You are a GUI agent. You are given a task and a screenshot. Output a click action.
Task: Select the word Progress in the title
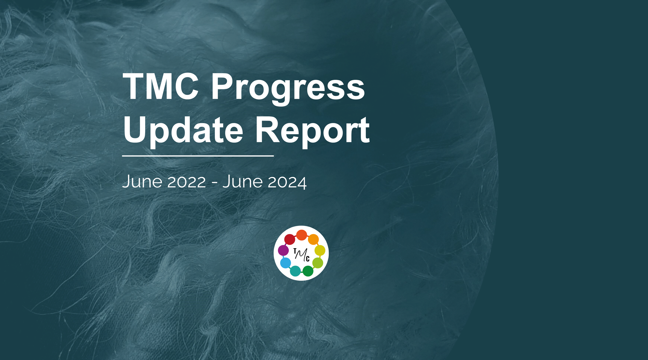click(x=288, y=88)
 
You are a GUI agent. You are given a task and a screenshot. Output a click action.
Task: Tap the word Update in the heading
click(x=183, y=130)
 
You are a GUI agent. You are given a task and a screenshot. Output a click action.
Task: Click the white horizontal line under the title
click(x=198, y=156)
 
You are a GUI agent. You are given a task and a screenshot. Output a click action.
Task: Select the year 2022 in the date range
click(x=187, y=182)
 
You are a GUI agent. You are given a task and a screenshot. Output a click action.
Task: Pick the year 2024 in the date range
click(x=287, y=182)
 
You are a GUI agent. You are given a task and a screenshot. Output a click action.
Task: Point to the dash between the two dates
click(x=214, y=183)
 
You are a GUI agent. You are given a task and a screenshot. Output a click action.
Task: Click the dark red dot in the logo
click(x=290, y=239)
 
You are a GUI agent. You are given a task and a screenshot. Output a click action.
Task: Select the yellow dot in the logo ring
click(x=320, y=250)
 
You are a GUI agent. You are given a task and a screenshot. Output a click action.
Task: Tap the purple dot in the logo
click(x=283, y=250)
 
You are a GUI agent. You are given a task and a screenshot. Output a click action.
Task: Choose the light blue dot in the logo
click(x=285, y=263)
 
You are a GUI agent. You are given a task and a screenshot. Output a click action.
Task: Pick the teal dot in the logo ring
click(x=295, y=271)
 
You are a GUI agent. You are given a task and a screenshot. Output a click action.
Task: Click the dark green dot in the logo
click(x=308, y=271)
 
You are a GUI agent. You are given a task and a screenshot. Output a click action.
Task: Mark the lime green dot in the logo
click(x=318, y=263)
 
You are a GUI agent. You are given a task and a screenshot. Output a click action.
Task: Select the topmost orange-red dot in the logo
click(x=301, y=235)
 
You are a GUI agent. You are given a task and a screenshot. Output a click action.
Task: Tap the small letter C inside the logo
click(x=308, y=259)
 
